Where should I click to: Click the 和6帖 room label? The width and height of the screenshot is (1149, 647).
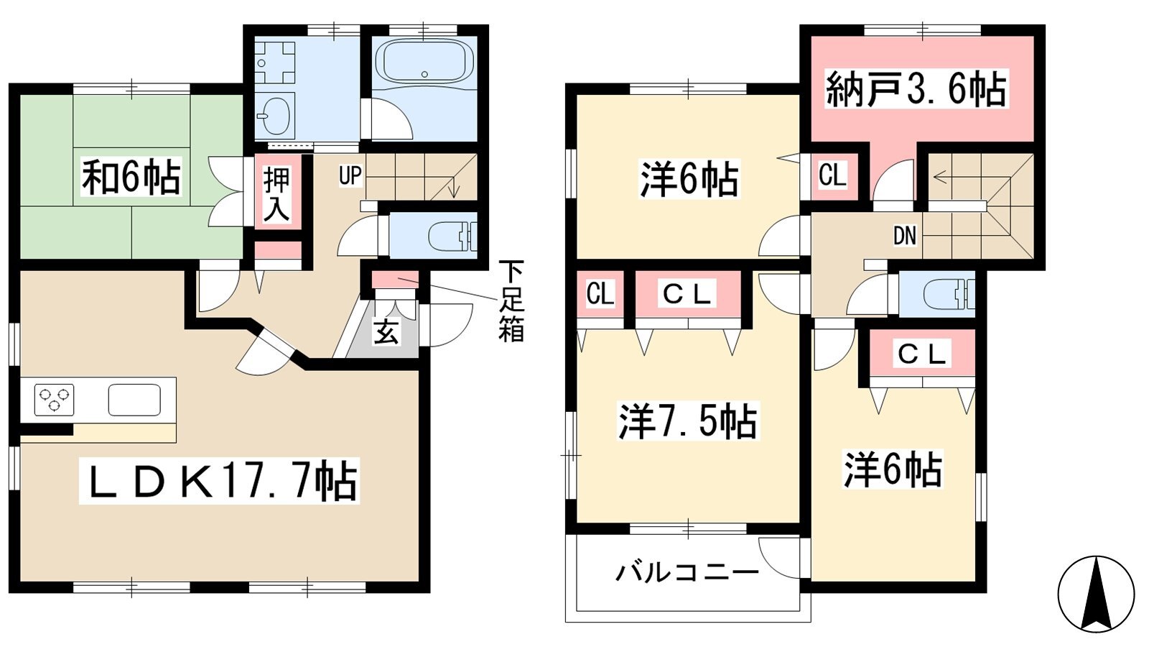[131, 177]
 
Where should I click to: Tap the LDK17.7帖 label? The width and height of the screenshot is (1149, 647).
[220, 481]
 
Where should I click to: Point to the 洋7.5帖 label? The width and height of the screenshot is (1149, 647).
[687, 421]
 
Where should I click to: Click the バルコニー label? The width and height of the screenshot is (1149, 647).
[687, 572]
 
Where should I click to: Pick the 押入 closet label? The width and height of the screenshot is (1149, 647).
[276, 194]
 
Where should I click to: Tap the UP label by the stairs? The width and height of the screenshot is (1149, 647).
[350, 176]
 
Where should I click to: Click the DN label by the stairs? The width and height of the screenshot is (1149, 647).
[905, 236]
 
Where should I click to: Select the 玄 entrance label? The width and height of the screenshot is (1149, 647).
[386, 332]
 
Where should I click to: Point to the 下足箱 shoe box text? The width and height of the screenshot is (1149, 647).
[511, 301]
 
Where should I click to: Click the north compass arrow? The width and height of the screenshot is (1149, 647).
[1096, 594]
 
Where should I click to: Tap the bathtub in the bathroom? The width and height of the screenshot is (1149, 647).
[424, 61]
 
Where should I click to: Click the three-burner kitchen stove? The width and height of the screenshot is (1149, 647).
[54, 400]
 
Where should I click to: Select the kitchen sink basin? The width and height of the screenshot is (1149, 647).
[134, 400]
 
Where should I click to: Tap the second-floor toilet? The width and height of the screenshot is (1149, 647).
[949, 294]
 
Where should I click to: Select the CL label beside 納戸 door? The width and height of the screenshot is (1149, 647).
[832, 175]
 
